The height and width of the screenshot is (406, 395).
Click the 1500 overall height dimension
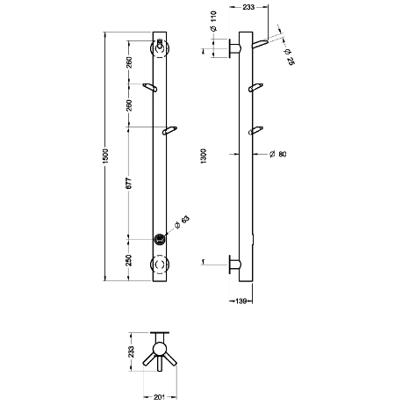[x=105, y=156]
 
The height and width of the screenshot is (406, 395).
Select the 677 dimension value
[x=129, y=183]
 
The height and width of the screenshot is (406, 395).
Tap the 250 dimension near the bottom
[x=129, y=260]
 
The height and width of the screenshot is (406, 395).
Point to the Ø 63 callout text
[x=182, y=222]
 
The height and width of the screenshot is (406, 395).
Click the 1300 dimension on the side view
[x=204, y=156]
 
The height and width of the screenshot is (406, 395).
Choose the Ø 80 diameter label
[x=277, y=154]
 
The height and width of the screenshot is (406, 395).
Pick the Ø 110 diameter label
[x=213, y=21]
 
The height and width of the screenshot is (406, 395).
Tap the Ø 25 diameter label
[x=289, y=57]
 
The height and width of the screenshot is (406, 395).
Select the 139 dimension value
[x=241, y=301]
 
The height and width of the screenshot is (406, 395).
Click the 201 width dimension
[x=159, y=397]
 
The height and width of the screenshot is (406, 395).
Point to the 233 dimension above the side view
[x=248, y=7]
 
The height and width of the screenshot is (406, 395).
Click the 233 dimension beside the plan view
[x=132, y=352]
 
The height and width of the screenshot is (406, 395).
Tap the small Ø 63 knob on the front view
[x=160, y=239]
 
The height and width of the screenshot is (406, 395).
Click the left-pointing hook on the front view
[x=150, y=88]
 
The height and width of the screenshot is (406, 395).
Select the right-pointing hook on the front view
[x=170, y=131]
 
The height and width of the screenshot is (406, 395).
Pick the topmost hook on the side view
[x=260, y=44]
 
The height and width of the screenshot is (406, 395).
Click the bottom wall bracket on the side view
[x=234, y=265]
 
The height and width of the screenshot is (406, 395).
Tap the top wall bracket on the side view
[x=234, y=48]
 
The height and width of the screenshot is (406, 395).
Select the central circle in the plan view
[x=160, y=349]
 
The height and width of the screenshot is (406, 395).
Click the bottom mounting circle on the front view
[x=160, y=264]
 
